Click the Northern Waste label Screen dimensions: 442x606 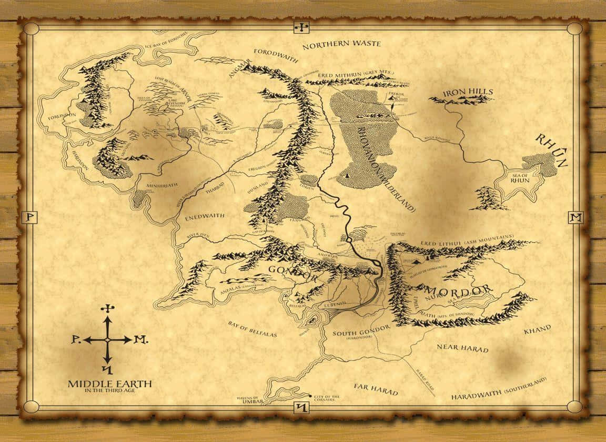(x=341, y=44)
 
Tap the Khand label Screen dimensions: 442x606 (x=537, y=329)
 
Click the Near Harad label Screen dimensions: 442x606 (x=462, y=348)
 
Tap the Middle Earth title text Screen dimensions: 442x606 (x=110, y=384)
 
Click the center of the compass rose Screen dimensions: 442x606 (x=108, y=340)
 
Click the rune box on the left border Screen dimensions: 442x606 (x=30, y=217)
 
